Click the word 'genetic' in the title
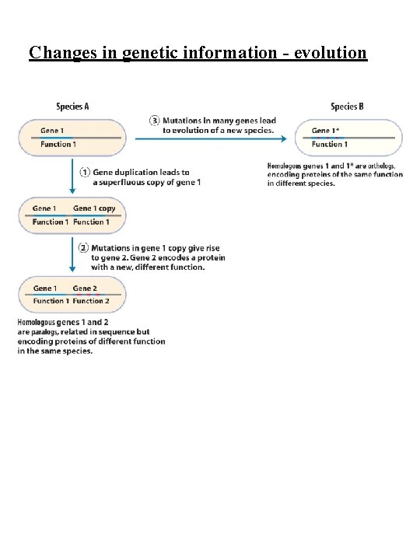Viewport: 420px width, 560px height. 154,52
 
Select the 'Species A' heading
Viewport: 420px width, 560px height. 72,107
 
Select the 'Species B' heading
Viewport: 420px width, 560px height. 346,107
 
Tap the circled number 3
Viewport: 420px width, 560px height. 155,121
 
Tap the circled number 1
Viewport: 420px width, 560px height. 85,172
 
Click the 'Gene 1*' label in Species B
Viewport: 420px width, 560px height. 325,131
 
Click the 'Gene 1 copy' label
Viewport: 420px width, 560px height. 94,208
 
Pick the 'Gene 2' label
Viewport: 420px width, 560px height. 85,289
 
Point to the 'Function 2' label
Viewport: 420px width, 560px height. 91,301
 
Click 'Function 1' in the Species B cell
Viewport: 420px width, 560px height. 330,144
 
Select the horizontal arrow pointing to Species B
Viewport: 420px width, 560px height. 211,138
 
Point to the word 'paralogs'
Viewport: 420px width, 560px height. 51,332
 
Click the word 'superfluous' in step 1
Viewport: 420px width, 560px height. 125,182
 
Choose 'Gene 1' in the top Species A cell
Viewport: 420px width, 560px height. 53,131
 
